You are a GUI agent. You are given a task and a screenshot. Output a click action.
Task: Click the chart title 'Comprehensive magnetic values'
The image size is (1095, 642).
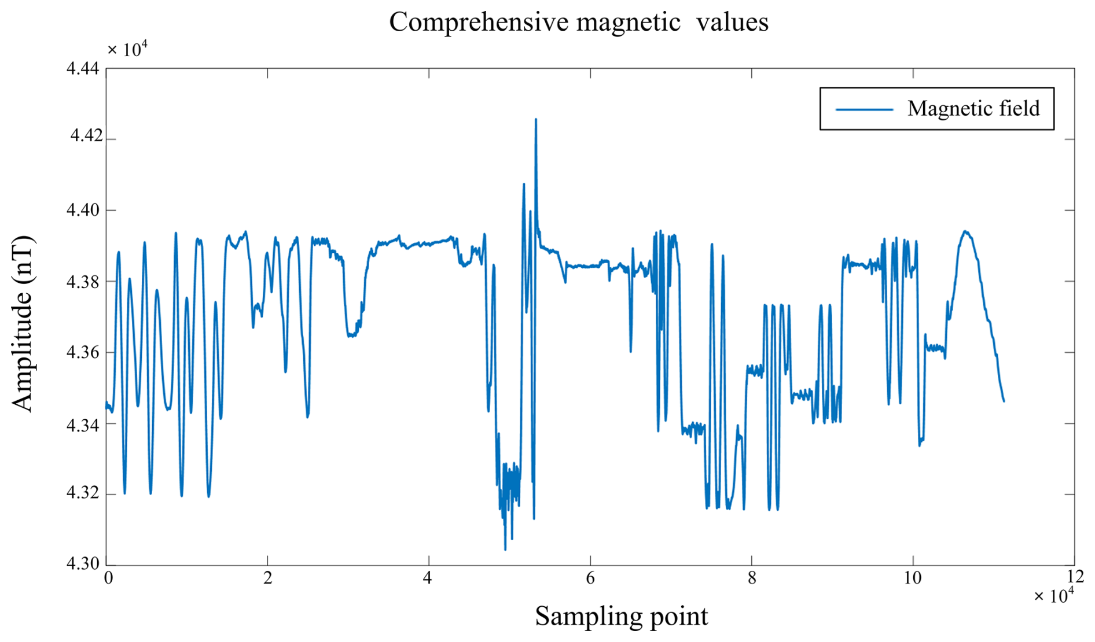(578, 23)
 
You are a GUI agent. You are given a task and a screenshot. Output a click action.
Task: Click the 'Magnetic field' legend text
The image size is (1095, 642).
(973, 109)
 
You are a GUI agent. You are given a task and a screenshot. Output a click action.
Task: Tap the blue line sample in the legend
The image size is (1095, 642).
(864, 109)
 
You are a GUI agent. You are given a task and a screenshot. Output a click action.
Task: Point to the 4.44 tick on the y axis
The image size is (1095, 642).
(83, 69)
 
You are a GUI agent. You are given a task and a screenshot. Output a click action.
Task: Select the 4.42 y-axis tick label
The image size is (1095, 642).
(86, 136)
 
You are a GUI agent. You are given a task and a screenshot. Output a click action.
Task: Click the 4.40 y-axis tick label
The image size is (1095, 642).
(83, 210)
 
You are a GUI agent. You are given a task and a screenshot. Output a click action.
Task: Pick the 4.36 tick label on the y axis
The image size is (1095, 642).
(83, 352)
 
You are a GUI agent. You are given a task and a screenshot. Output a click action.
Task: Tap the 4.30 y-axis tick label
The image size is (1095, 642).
(83, 563)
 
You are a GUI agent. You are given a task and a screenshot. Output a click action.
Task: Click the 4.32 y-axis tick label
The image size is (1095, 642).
(83, 493)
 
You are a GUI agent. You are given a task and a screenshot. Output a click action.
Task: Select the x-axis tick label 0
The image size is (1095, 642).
(108, 578)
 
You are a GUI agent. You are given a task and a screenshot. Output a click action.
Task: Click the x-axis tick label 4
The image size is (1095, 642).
(427, 578)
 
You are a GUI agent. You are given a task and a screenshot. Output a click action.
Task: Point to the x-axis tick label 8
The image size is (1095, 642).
(751, 578)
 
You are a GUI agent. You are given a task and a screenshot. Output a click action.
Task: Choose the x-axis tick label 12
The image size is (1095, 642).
(1075, 576)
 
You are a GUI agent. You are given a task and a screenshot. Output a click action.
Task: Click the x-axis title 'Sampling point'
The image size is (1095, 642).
(621, 617)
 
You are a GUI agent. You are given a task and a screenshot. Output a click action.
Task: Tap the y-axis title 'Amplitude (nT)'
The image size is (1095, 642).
(23, 324)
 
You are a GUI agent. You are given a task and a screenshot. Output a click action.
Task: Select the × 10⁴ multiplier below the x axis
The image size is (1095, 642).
(1053, 596)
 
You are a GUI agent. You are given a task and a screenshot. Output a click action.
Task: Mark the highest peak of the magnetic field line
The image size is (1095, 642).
(536, 120)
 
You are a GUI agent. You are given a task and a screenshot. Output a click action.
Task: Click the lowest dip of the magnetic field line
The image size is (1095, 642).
(505, 549)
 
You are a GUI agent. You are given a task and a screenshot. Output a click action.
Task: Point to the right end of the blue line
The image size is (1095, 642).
(1004, 401)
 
